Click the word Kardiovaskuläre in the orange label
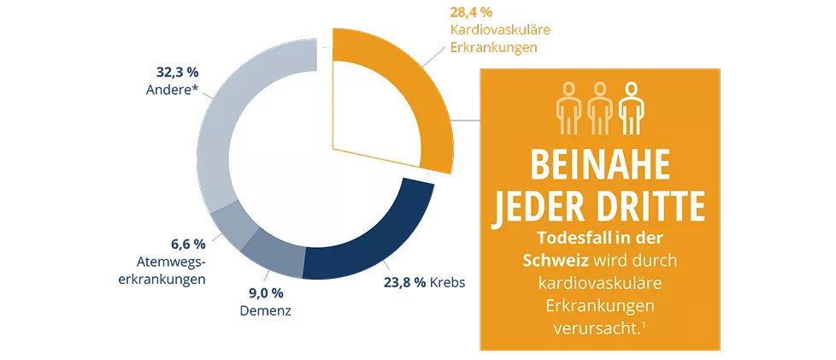499,30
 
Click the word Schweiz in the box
552,258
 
